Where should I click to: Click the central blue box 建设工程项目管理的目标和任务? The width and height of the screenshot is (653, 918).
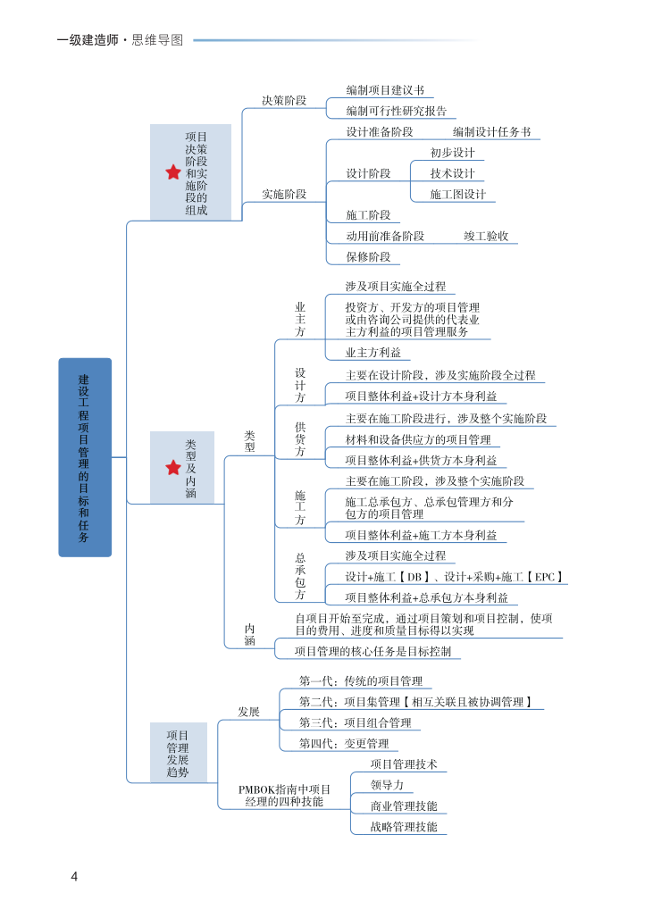point(85,457)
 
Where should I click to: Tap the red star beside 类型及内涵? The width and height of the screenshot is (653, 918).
point(173,468)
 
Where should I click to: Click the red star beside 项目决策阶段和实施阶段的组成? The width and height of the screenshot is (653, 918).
point(173,172)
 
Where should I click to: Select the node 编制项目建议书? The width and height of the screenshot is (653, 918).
point(385,90)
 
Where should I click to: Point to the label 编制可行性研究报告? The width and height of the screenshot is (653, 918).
point(397,111)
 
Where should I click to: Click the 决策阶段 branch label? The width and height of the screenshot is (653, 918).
point(284,101)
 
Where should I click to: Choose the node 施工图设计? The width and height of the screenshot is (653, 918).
point(457,194)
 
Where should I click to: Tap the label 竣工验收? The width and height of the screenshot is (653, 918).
point(486,236)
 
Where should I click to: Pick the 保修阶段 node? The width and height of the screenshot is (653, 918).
point(368,257)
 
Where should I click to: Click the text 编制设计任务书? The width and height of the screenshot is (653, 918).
point(491,132)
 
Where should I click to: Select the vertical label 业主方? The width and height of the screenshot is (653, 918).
point(300,319)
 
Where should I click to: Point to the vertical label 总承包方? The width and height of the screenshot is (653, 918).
point(300,576)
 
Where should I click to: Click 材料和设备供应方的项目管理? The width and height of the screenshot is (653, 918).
point(418,439)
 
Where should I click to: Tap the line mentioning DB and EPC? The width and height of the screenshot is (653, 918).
point(456,577)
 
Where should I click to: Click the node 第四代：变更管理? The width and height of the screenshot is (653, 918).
point(344,743)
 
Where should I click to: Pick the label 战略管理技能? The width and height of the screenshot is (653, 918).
point(404,827)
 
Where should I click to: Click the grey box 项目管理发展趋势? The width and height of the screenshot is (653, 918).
point(178,754)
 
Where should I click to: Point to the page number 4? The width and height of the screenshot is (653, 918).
point(75,876)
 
